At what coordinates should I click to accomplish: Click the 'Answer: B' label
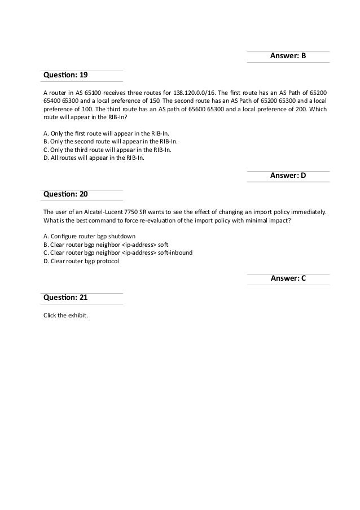288,56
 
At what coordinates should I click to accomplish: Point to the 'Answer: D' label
288,176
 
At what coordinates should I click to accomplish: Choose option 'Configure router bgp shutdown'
89,236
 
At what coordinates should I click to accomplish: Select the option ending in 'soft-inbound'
118,252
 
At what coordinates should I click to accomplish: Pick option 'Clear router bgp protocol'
81,261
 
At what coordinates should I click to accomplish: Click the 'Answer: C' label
288,278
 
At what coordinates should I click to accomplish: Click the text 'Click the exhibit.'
66,315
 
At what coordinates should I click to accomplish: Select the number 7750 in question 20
144,211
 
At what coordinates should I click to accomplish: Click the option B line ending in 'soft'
106,244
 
